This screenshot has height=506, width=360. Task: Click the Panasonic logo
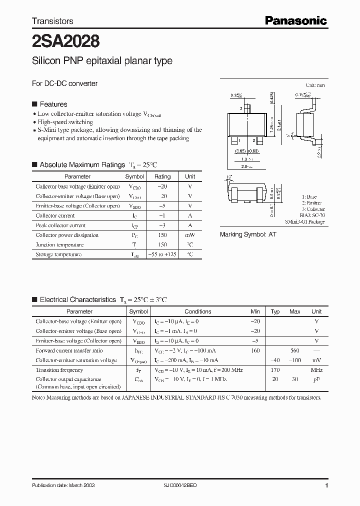tap(295, 20)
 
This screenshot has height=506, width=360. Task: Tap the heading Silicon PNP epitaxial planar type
tap(102, 61)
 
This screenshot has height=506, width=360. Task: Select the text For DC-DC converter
tap(65, 83)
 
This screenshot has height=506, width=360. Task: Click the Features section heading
tap(53, 104)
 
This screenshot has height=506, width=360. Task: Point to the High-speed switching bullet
tap(65, 122)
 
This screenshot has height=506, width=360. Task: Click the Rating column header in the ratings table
tap(162, 176)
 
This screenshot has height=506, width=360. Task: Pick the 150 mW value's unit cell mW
tap(190, 235)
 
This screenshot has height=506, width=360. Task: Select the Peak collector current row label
tap(60, 225)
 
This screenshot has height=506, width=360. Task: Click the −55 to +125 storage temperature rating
tap(162, 254)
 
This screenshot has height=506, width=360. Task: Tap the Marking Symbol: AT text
tap(248, 234)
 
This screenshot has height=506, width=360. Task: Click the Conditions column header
tap(198, 311)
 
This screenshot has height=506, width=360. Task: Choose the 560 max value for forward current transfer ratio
tap(294, 350)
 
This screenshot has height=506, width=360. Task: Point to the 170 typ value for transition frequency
tap(274, 370)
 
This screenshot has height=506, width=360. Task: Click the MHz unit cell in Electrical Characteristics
tap(316, 370)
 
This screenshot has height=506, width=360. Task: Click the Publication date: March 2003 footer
tap(63, 485)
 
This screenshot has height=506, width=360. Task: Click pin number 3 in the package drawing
tap(241, 108)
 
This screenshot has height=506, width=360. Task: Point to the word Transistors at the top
tap(52, 21)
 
